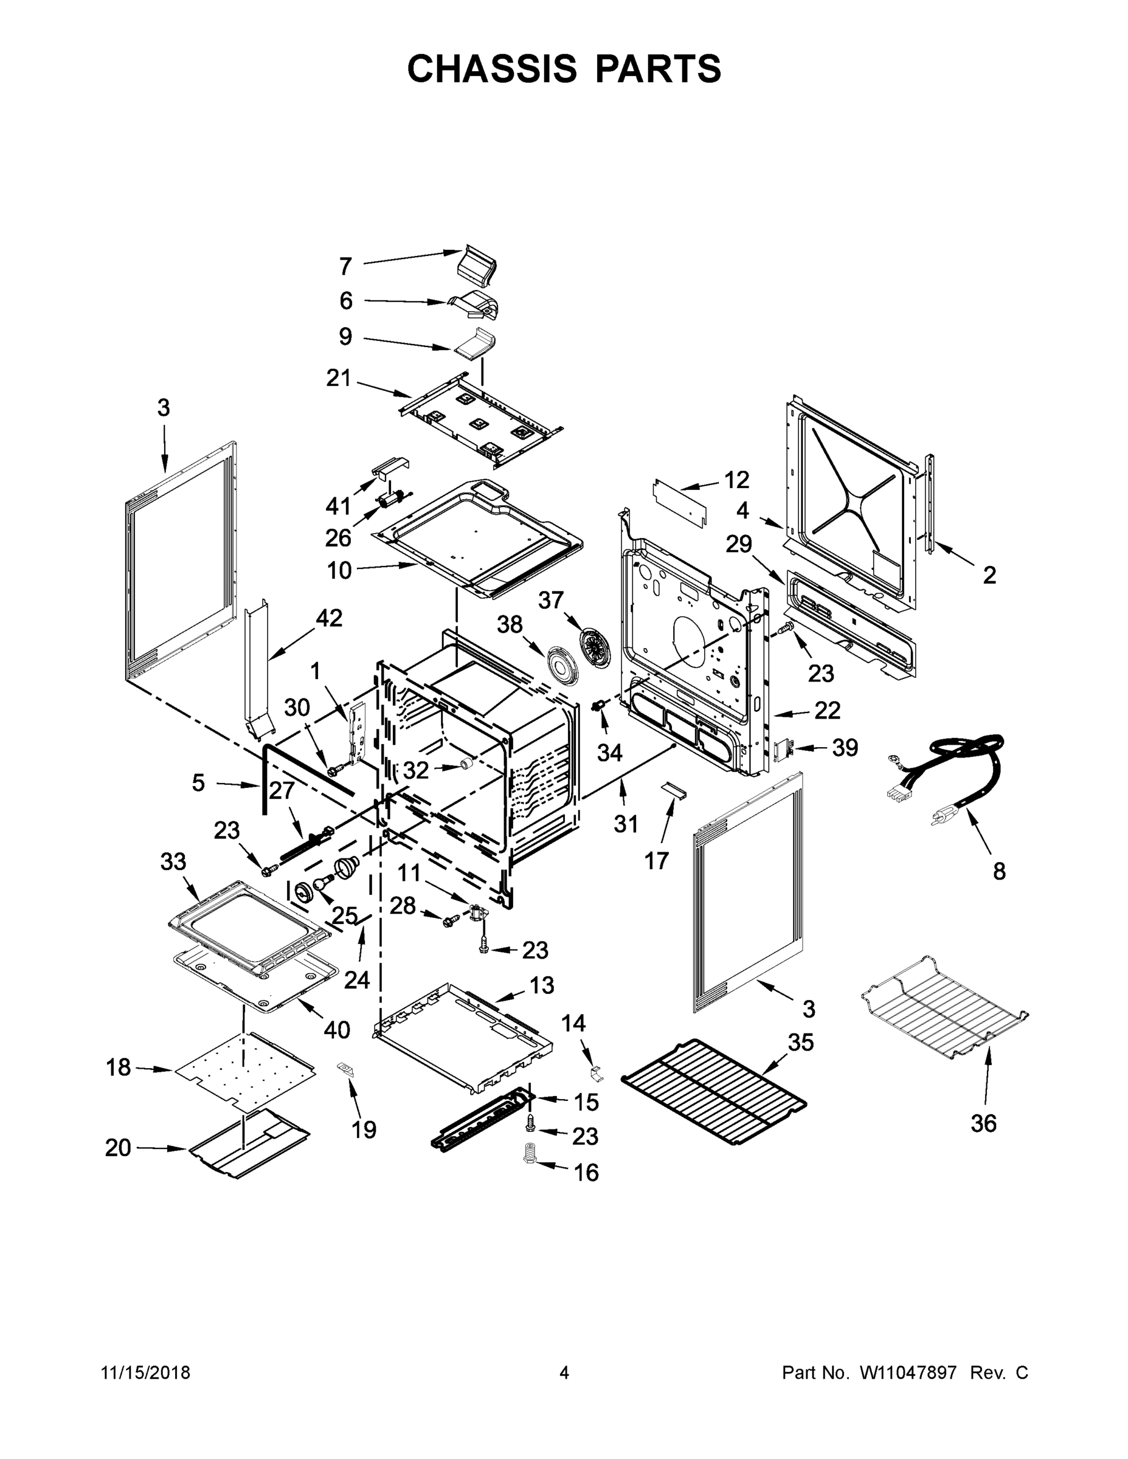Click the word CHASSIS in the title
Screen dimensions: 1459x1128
492,69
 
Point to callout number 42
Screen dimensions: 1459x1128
329,618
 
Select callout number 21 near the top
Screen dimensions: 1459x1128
338,378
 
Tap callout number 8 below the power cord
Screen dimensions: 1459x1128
999,871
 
